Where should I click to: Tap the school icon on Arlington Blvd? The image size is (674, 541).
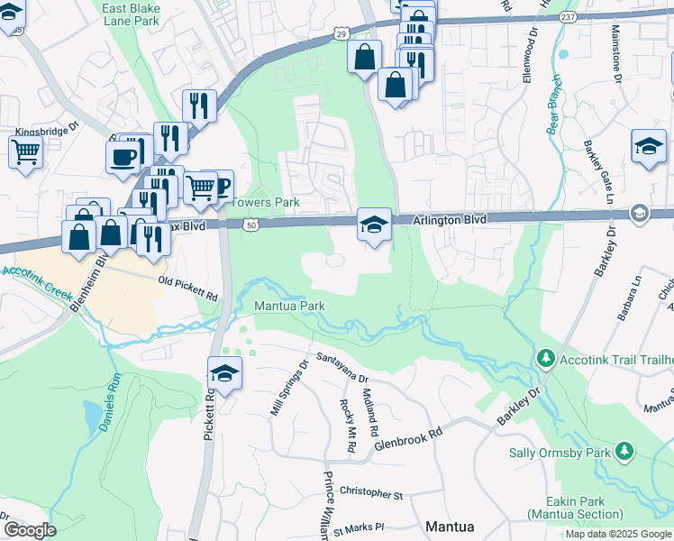(374, 225)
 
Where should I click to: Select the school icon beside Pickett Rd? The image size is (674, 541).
(224, 373)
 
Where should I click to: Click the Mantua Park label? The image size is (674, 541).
(288, 306)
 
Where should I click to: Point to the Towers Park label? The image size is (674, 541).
(267, 203)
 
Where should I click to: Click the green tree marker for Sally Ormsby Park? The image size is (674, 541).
(624, 452)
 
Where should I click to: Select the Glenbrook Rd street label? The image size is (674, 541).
(411, 434)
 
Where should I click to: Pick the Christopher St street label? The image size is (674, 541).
(370, 493)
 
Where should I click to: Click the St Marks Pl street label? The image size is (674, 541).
(358, 526)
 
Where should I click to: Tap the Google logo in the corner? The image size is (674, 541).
(29, 530)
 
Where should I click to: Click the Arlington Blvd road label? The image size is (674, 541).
(450, 219)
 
